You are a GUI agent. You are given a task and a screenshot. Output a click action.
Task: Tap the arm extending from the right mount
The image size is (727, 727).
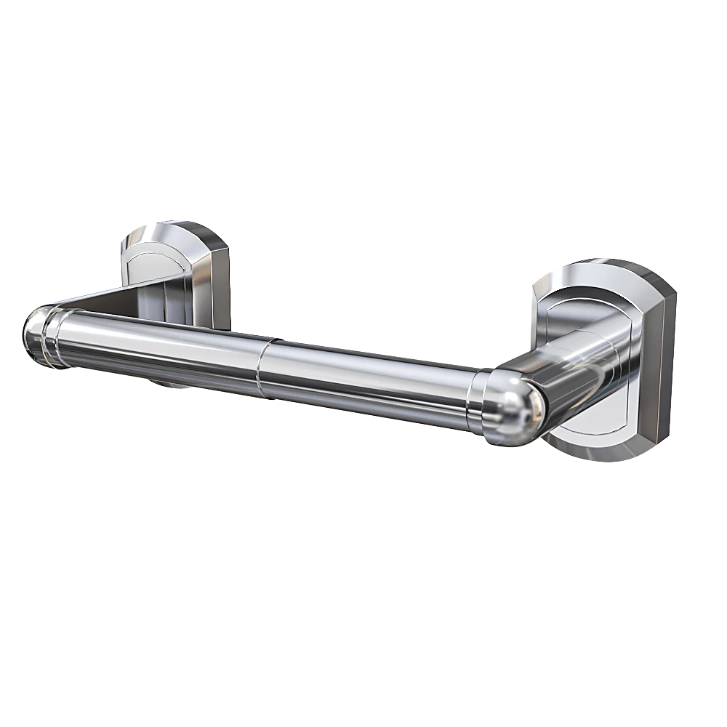pyautogui.click(x=574, y=363)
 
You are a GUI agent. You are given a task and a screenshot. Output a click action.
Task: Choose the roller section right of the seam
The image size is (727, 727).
pyautogui.click(x=363, y=382)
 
